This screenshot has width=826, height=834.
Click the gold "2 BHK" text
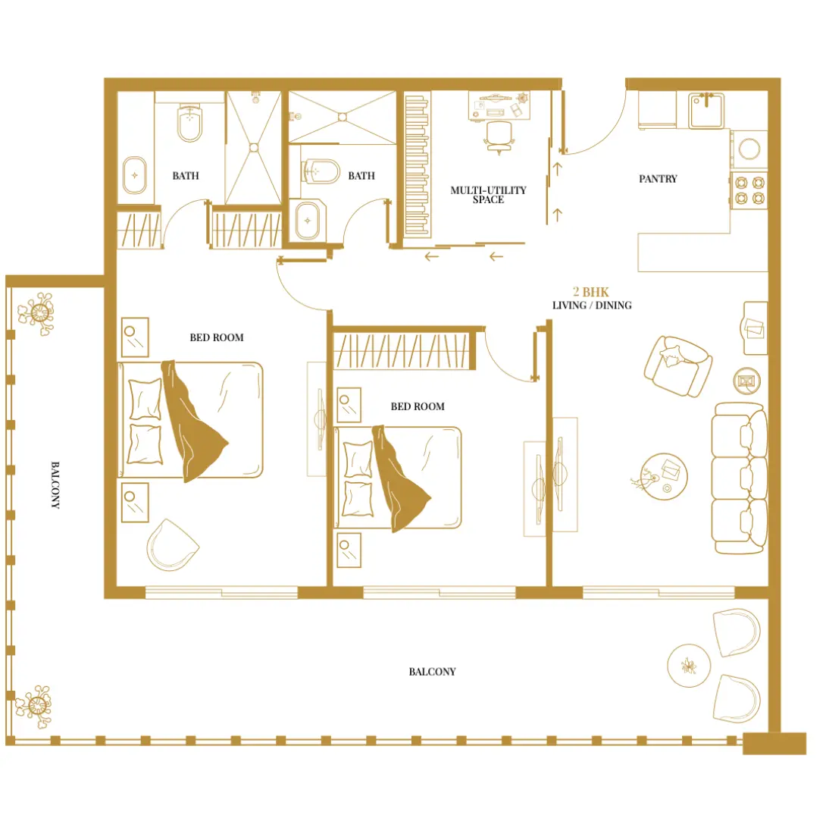click(591, 292)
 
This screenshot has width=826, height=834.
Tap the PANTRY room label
click(658, 179)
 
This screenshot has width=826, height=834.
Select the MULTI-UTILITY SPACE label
click(488, 195)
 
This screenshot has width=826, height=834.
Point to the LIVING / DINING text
click(592, 306)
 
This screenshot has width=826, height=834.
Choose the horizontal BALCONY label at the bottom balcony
click(432, 672)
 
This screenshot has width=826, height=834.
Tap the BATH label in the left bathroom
click(186, 176)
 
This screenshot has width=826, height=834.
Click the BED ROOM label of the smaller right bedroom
click(418, 407)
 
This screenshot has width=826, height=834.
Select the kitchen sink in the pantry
click(709, 111)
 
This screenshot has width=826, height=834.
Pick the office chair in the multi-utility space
click(499, 137)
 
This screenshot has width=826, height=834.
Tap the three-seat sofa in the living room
click(740, 478)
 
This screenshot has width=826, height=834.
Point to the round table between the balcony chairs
click(688, 666)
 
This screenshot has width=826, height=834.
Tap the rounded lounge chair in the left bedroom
click(171, 545)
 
